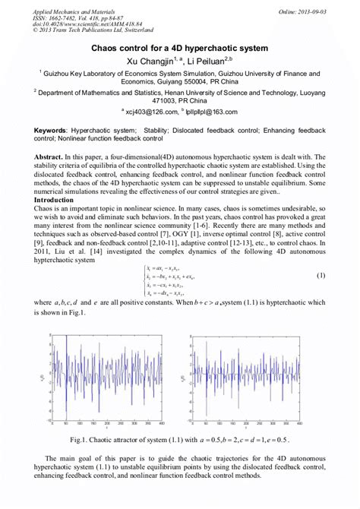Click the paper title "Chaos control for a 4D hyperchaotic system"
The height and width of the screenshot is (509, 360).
pyautogui.click(x=179, y=47)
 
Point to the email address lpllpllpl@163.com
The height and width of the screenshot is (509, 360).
pyautogui.click(x=209, y=111)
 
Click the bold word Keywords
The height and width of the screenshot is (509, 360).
pyautogui.click(x=51, y=131)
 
